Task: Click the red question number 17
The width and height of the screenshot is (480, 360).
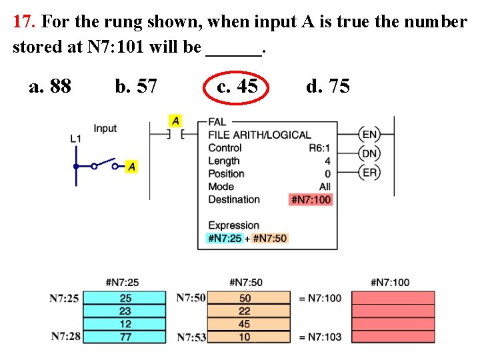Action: (24, 22)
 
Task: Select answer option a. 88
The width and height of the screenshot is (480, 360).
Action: (50, 86)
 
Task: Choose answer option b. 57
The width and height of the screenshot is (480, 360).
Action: (136, 86)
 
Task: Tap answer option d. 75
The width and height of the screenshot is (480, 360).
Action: (327, 86)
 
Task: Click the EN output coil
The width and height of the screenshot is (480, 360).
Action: (369, 135)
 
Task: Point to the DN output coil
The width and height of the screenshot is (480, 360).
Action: (369, 154)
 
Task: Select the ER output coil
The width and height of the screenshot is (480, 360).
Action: (369, 173)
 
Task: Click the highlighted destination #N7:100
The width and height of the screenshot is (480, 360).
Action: (311, 199)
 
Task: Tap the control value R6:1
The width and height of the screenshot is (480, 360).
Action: (319, 148)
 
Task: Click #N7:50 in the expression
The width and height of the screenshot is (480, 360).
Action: (270, 238)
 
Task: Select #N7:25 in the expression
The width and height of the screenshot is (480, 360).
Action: (225, 238)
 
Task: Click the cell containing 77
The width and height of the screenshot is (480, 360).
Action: (125, 337)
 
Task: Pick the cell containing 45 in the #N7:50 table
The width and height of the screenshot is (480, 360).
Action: (245, 324)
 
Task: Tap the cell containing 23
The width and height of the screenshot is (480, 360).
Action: (125, 311)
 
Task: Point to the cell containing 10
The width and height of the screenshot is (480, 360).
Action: (245, 337)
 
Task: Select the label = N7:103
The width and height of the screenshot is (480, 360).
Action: (320, 337)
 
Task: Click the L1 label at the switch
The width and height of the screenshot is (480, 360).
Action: (75, 139)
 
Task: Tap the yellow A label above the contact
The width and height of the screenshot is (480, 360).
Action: (175, 121)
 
